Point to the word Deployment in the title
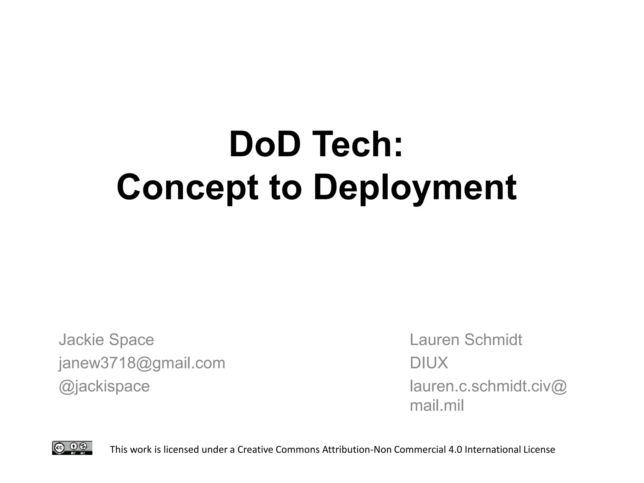tap(415, 188)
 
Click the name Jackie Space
tap(106, 340)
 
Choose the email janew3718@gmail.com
tap(142, 363)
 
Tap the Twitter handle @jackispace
tap(104, 386)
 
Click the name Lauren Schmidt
tap(466, 340)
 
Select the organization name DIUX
tap(429, 363)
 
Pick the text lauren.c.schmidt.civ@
tap(488, 386)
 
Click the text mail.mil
tap(437, 406)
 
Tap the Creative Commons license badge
tap(72, 448)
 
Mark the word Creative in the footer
tap(255, 450)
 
